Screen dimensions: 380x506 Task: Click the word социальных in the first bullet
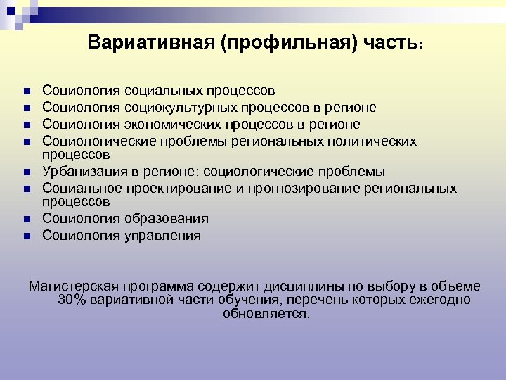pos(163,91)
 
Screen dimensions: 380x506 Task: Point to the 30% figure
pos(72,300)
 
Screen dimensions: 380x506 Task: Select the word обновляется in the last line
pos(265,313)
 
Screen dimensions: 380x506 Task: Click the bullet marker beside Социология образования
pos(25,220)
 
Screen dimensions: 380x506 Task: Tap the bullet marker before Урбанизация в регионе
pos(25,172)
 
